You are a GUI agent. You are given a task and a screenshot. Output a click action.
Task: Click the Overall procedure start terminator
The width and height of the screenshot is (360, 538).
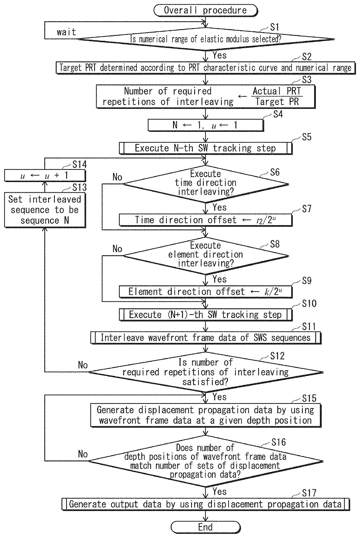pyautogui.click(x=205, y=10)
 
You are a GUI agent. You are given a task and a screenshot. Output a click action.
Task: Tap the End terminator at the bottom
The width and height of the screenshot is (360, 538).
pyautogui.click(x=205, y=527)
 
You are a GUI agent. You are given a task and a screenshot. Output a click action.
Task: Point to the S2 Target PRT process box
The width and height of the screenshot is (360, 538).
pyautogui.click(x=206, y=68)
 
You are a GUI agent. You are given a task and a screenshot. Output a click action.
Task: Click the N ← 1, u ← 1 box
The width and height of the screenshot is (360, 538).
pyautogui.click(x=206, y=125)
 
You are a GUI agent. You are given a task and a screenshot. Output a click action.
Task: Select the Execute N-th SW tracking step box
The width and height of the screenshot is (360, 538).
pyautogui.click(x=206, y=148)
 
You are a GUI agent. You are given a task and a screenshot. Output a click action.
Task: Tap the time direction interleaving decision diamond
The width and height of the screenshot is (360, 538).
pyautogui.click(x=206, y=183)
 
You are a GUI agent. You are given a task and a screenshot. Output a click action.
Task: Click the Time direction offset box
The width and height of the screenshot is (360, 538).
pyautogui.click(x=206, y=220)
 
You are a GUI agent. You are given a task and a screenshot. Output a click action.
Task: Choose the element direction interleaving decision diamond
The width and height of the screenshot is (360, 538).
pyautogui.click(x=206, y=255)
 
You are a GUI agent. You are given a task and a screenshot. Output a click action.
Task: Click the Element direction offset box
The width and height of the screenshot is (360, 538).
pyautogui.click(x=206, y=292)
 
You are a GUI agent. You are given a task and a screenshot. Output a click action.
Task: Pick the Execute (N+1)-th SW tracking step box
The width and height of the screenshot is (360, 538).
pyautogui.click(x=206, y=315)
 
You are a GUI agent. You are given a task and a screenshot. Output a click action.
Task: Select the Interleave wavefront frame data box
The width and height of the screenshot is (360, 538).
pyautogui.click(x=206, y=338)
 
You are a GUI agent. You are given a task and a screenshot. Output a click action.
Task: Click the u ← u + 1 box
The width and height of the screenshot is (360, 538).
pyautogui.click(x=45, y=176)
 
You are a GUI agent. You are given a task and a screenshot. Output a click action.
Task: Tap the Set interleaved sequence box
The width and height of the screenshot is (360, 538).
pyautogui.click(x=45, y=210)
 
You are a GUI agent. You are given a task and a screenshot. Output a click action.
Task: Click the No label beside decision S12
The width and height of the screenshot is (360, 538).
pyautogui.click(x=83, y=365)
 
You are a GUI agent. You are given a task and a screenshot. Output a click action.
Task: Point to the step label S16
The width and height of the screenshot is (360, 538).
pyautogui.click(x=279, y=442)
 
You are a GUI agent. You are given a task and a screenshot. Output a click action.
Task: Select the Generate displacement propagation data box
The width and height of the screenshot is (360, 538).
pyautogui.click(x=206, y=415)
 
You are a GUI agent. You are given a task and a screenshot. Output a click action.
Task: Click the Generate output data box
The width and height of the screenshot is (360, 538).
pyautogui.click(x=206, y=504)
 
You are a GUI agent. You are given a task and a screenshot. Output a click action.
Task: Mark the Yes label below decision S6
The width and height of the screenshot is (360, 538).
pyautogui.click(x=219, y=207)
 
